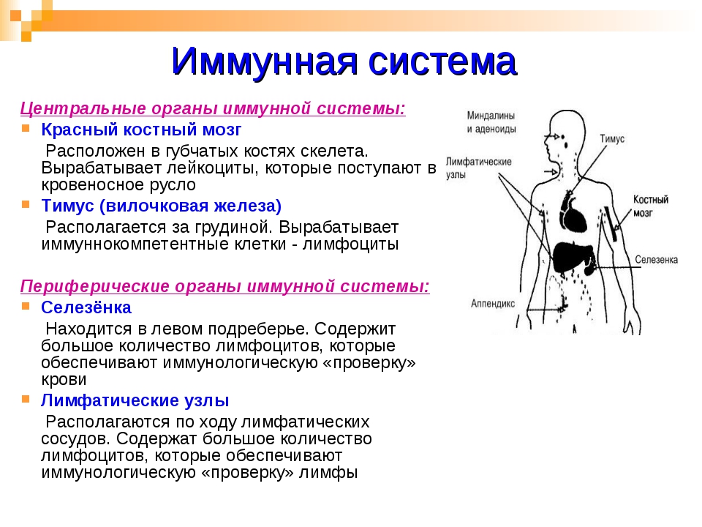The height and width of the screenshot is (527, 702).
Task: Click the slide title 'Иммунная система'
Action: [344, 61]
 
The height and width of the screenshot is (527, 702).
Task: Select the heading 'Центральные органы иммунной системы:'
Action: [213, 108]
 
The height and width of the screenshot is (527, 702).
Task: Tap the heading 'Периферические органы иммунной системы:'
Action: [224, 286]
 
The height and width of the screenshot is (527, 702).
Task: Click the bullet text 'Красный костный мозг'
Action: [141, 130]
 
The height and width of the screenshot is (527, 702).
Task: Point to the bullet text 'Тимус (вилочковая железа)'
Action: [161, 206]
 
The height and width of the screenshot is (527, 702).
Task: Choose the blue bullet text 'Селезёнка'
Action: [86, 307]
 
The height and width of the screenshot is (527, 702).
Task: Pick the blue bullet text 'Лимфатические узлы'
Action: [135, 400]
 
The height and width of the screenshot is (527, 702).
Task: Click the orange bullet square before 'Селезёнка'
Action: [26, 307]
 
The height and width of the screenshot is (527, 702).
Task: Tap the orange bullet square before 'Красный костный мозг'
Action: [26, 129]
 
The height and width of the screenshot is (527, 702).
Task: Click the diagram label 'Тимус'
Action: [612, 138]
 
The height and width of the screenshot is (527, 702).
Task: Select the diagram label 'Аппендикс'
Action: [492, 303]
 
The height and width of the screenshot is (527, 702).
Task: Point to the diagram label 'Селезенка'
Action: [656, 259]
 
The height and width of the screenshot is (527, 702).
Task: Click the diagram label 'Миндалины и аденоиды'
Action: [491, 122]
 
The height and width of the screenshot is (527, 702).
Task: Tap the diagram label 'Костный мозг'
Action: [651, 206]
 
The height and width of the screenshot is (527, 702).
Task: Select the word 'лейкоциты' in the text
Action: [212, 168]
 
